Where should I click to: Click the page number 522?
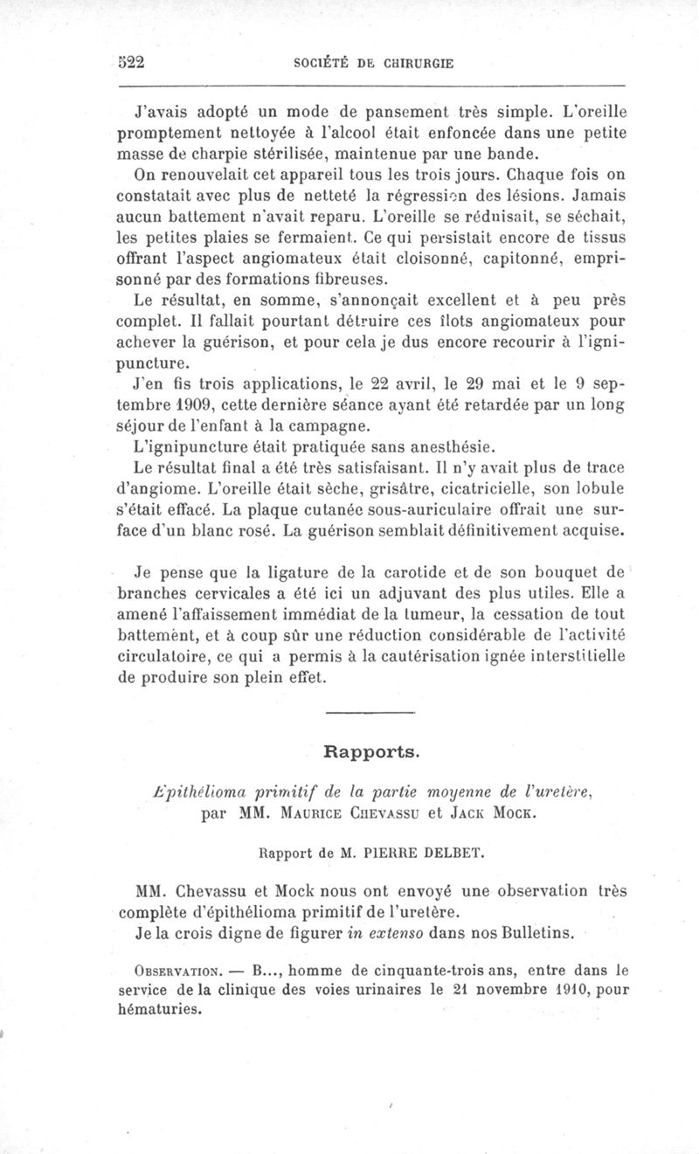click(x=130, y=63)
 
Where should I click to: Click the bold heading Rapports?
click(x=371, y=750)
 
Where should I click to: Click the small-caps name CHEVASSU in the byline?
click(x=374, y=810)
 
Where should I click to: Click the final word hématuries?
click(x=159, y=1010)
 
